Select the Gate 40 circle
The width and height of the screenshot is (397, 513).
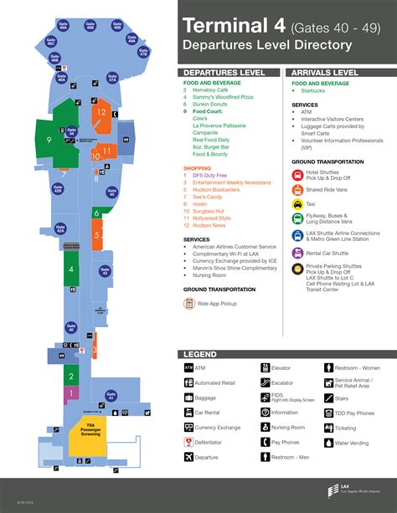(71, 330)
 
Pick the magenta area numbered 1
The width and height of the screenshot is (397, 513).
(72, 392)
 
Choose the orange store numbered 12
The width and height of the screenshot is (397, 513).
(101, 111)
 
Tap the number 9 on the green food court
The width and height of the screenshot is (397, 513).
(50, 140)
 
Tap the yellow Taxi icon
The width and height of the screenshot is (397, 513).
(297, 203)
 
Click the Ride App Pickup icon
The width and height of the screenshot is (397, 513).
(190, 302)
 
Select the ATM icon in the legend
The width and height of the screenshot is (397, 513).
(188, 367)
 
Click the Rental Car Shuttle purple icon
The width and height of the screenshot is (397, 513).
(297, 253)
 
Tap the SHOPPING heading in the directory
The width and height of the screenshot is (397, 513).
(198, 168)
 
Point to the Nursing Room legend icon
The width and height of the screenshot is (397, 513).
(264, 427)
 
